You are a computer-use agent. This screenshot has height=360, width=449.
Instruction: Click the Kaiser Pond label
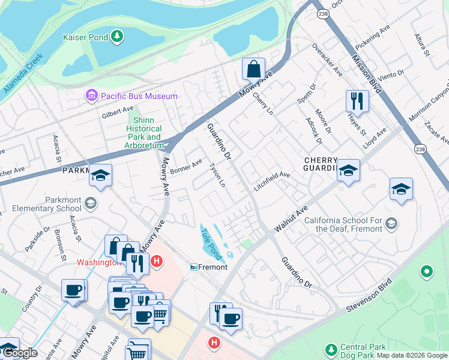point(85,37)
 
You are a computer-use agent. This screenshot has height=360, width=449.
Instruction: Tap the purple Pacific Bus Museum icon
point(91,95)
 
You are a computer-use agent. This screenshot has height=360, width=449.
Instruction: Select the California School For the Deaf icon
point(391,224)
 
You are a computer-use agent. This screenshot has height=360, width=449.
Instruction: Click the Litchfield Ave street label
point(272,180)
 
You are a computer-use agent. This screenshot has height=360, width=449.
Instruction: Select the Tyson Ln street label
point(217,174)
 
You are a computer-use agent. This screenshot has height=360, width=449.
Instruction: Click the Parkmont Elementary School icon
point(91,202)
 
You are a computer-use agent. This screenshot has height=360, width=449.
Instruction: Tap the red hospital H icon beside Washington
point(156,262)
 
